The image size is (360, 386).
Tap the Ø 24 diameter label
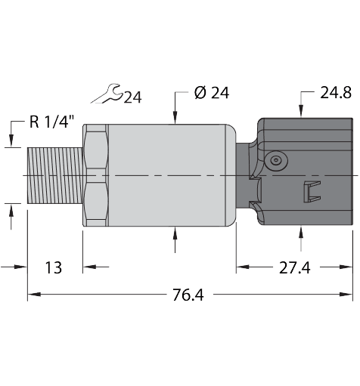211,94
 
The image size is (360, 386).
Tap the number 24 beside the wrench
132,97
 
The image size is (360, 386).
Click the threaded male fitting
54,174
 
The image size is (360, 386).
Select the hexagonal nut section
96,174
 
